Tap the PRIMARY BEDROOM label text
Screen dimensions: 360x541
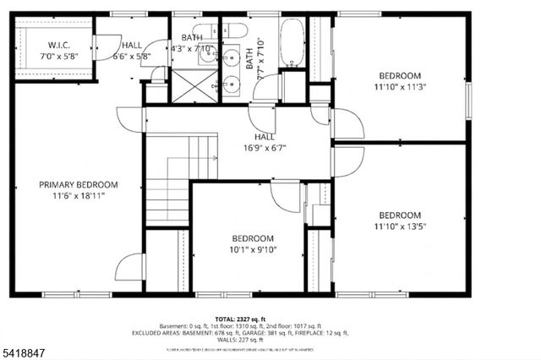pyautogui.click(x=79, y=184)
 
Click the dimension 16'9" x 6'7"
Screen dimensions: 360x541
pyautogui.click(x=264, y=147)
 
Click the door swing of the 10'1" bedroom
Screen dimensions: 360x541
pyautogui.click(x=285, y=196)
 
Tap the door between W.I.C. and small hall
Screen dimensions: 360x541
pyautogui.click(x=107, y=46)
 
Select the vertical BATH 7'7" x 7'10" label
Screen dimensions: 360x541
pyautogui.click(x=250, y=57)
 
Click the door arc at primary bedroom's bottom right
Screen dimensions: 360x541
pyautogui.click(x=128, y=268)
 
